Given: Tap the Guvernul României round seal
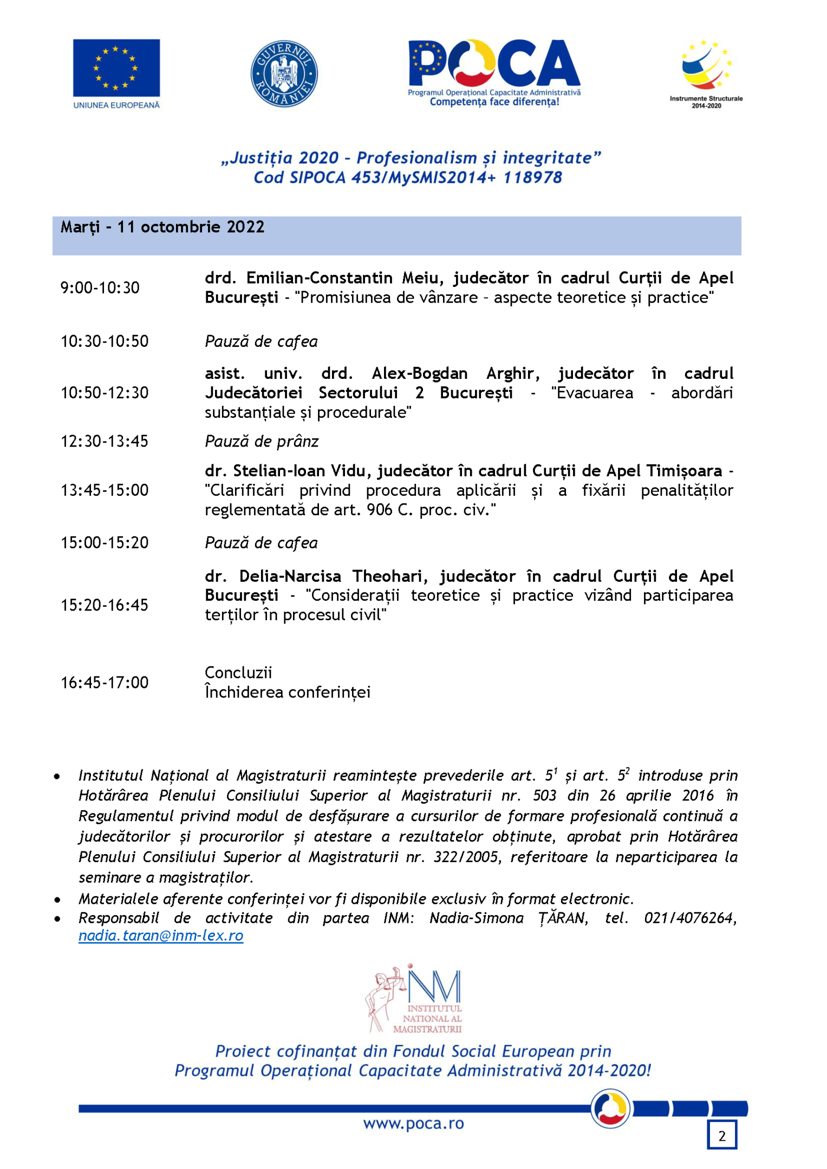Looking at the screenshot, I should coord(284,73).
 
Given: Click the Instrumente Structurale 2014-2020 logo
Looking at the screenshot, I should coord(706,73).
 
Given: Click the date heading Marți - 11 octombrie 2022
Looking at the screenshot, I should coord(162,227).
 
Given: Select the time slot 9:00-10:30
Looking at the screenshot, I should coord(100,287).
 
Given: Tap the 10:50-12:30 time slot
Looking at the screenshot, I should coord(105,392).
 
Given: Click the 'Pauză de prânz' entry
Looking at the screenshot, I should coord(262,442).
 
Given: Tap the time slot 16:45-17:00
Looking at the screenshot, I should coord(105,682).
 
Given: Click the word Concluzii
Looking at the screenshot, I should coord(238,673).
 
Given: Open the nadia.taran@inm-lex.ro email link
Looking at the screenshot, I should coord(161,936).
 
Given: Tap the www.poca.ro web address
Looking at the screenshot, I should coord(413,1124).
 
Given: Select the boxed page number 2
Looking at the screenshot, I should coord(721,1135).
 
